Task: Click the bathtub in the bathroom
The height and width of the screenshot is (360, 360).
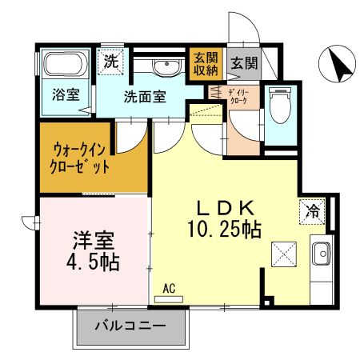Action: [x=66, y=65]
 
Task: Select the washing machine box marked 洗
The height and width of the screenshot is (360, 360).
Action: [x=110, y=60]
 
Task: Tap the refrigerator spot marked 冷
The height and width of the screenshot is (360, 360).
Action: [x=313, y=212]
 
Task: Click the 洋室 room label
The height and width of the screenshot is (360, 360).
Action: [x=90, y=240]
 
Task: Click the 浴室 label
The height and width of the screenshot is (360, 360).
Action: [x=66, y=94]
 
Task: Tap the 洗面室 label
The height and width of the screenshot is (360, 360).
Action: [x=145, y=97]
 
